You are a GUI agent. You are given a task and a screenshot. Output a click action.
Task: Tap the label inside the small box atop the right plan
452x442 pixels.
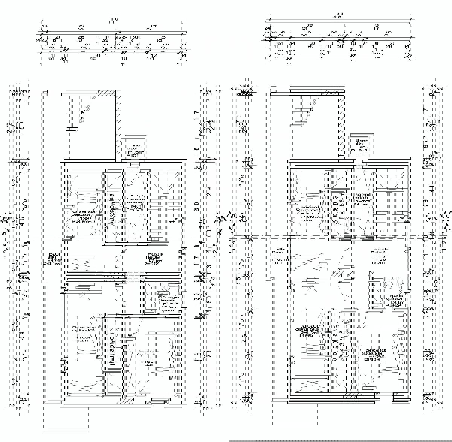point(361,145)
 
